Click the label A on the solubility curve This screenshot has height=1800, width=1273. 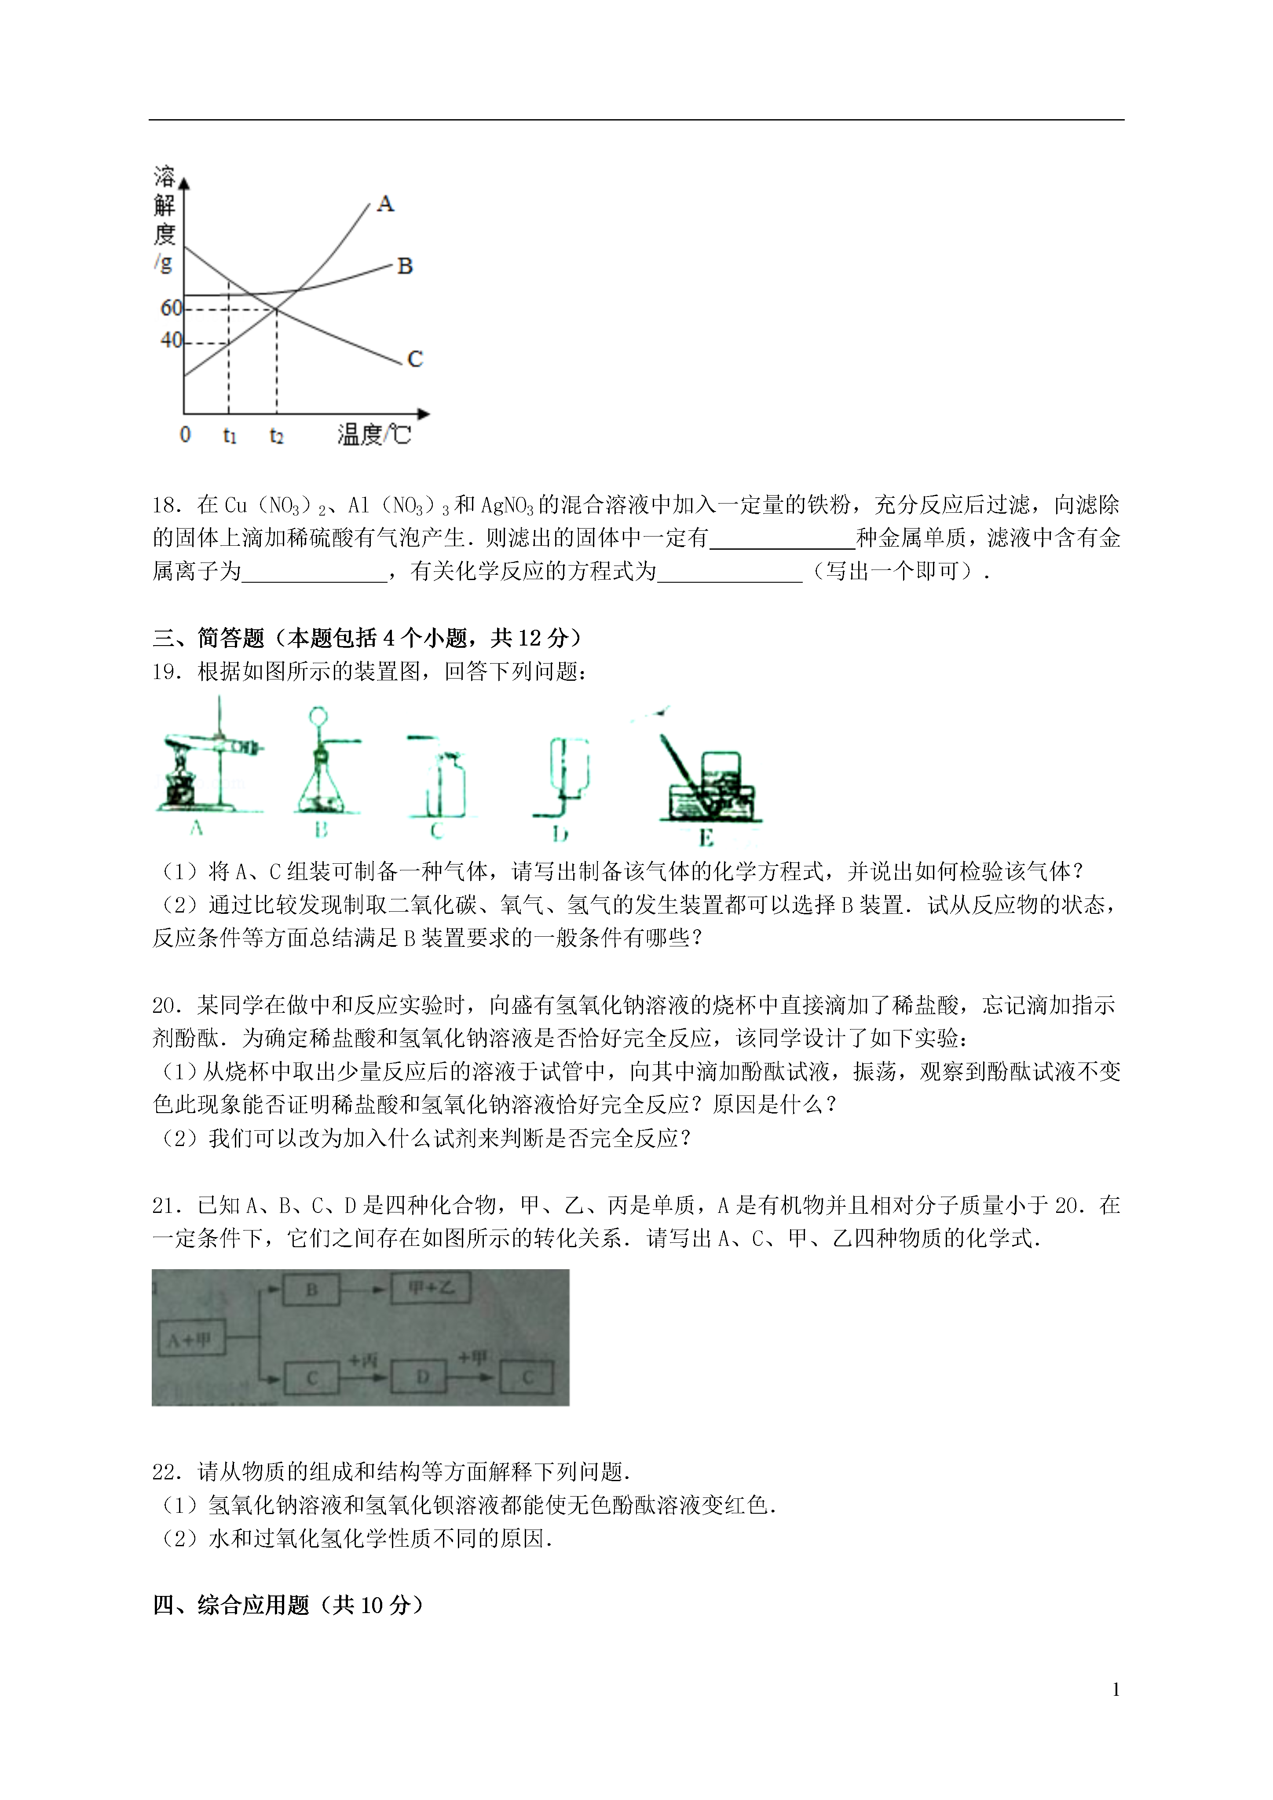click(385, 204)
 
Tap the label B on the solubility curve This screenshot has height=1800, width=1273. click(405, 267)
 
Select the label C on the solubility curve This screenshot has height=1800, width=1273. click(415, 359)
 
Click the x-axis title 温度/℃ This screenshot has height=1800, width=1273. click(374, 434)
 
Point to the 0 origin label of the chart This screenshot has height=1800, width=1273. click(185, 434)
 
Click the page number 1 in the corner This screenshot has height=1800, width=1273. click(1116, 1690)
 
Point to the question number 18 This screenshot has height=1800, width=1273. click(167, 505)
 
